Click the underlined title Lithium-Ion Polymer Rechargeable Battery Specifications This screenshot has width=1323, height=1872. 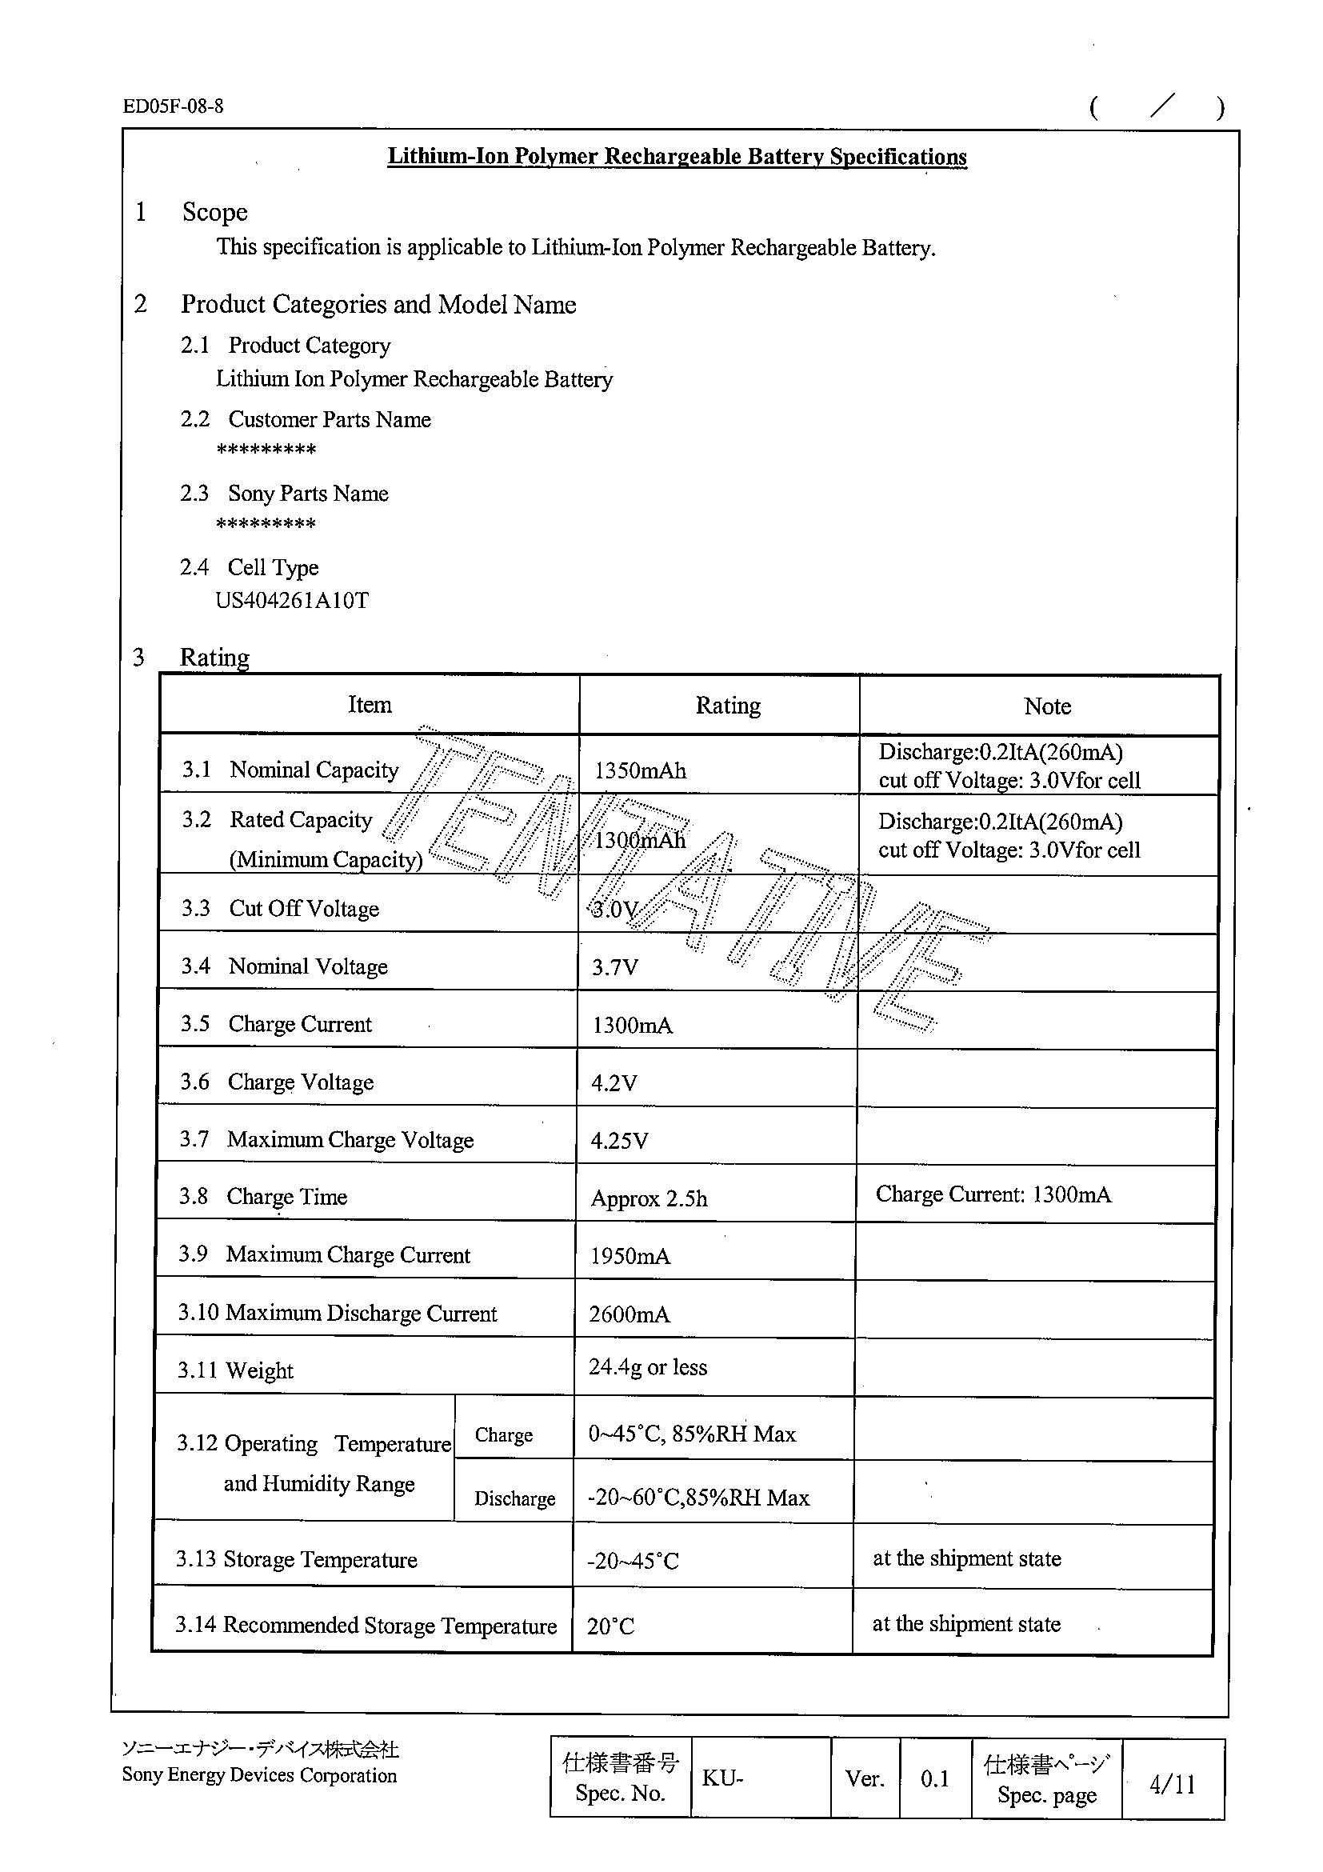(x=677, y=157)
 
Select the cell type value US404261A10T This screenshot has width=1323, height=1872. (x=292, y=601)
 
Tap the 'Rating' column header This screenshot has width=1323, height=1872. (x=727, y=706)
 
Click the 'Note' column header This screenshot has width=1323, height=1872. (x=1047, y=706)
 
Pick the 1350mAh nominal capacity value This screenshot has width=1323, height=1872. (x=640, y=770)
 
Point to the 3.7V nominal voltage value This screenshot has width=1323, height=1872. (x=614, y=968)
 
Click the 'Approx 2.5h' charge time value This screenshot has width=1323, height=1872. (x=649, y=1198)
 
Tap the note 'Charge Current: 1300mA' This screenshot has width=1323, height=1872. (x=993, y=1194)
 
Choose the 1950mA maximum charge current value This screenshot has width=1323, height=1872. (x=630, y=1256)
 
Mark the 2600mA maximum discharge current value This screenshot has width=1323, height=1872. (x=630, y=1314)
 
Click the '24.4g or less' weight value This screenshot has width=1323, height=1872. (x=648, y=1366)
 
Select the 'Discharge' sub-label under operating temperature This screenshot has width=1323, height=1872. (x=514, y=1498)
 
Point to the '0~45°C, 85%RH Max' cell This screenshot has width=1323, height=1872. (x=691, y=1434)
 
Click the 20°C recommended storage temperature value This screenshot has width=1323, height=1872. (x=610, y=1626)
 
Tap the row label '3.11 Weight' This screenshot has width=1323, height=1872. (x=236, y=1370)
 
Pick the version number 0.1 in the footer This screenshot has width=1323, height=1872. (x=935, y=1778)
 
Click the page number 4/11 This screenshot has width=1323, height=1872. (x=1172, y=1784)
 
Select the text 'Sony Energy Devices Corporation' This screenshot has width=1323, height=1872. (x=259, y=1775)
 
